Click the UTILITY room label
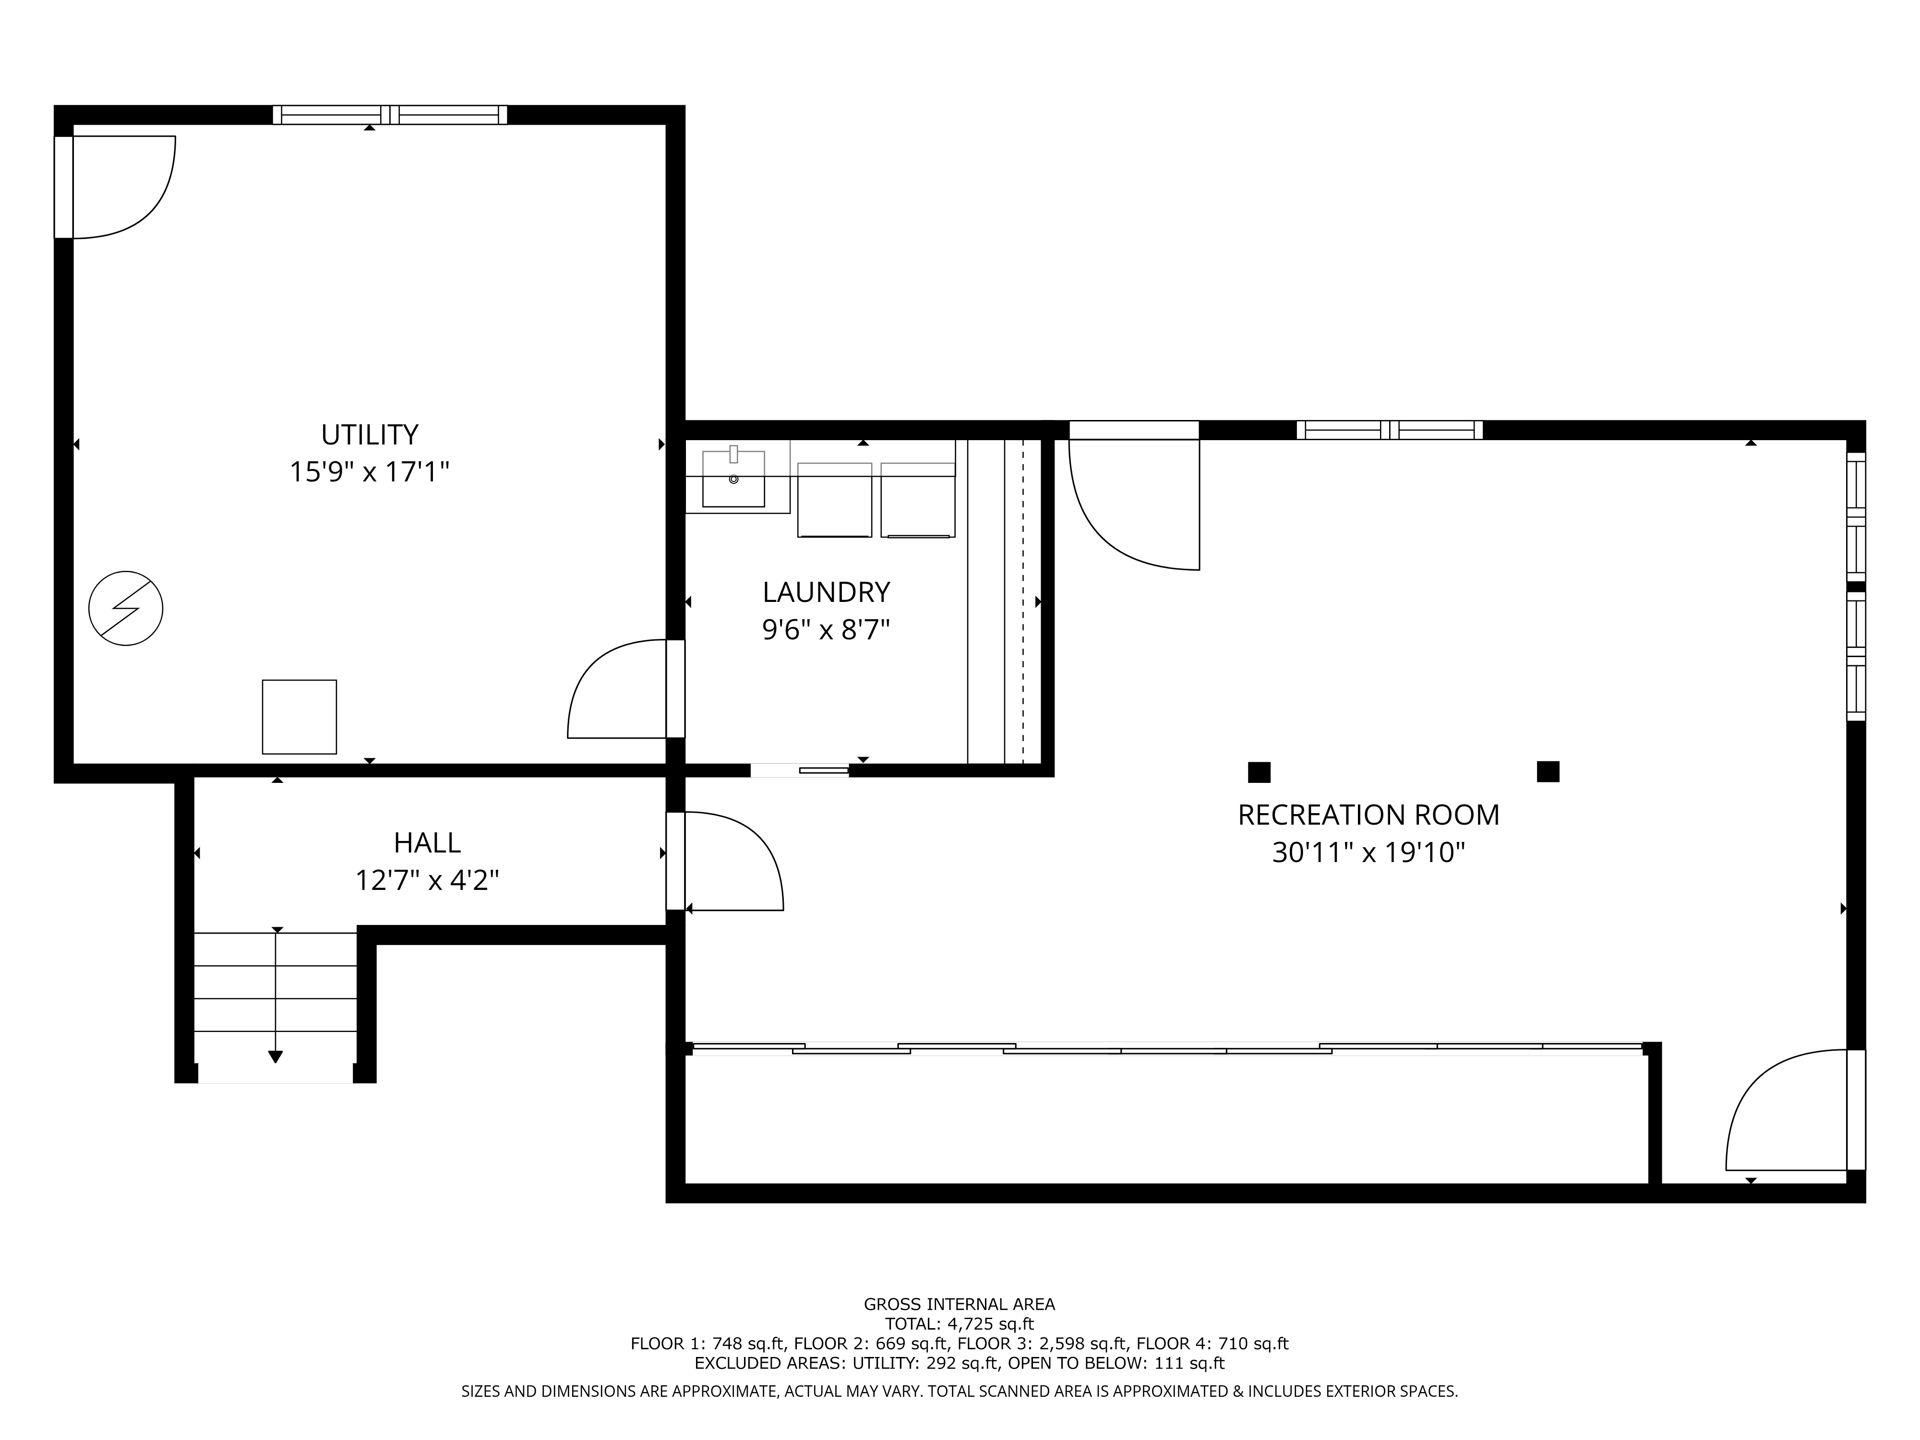[x=370, y=434]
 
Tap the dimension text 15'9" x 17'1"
[x=370, y=472]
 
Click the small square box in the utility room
[x=300, y=717]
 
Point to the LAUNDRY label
[x=827, y=592]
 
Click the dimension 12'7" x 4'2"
[x=427, y=881]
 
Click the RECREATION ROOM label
[x=1368, y=815]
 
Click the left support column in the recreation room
[x=1259, y=772]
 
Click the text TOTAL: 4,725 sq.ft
[x=959, y=1324]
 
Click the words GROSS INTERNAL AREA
[x=959, y=1304]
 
